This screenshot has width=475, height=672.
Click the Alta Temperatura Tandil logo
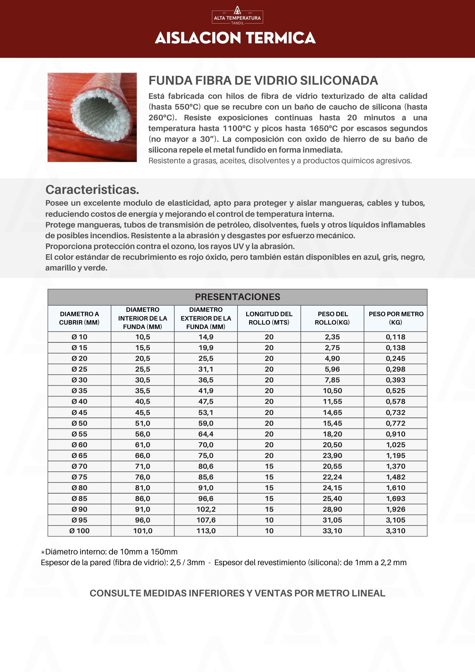(x=237, y=15)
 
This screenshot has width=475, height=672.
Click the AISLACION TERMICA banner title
(x=235, y=38)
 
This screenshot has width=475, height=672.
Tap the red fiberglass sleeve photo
(x=92, y=117)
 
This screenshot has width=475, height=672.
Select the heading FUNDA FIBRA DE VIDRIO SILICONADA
(x=263, y=81)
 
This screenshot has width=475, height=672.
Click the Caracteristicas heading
(x=92, y=190)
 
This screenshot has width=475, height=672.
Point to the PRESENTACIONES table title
(x=237, y=297)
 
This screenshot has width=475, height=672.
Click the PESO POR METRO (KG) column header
(x=396, y=318)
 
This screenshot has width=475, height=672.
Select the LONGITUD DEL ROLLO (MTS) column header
(x=269, y=318)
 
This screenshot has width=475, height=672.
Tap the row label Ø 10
(x=79, y=337)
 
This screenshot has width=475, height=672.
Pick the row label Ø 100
(x=79, y=531)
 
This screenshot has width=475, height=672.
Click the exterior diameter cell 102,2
(x=206, y=509)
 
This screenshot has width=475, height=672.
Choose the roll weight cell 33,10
(x=332, y=531)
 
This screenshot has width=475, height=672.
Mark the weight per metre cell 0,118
(x=396, y=337)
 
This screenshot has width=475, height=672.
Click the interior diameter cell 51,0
(x=142, y=423)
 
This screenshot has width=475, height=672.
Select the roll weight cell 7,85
(x=332, y=380)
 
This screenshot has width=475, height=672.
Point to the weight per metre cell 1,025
(x=396, y=445)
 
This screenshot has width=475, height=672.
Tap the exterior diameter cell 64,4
(x=206, y=434)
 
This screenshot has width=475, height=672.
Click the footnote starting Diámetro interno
(x=110, y=552)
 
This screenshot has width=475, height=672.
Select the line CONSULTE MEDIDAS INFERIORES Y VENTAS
(x=237, y=593)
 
